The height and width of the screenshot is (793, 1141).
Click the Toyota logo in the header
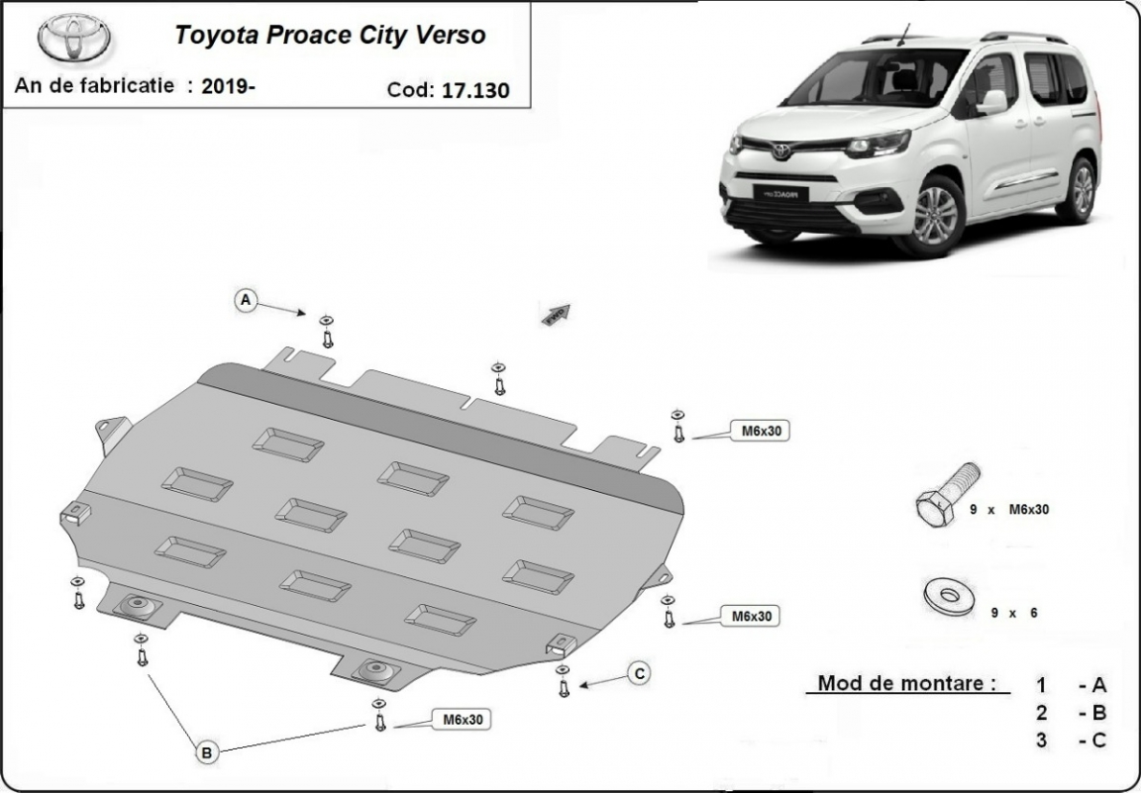click(73, 37)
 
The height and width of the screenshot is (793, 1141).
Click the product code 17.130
click(475, 90)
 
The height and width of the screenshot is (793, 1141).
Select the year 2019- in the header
click(229, 86)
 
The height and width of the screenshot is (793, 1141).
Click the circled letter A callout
click(246, 300)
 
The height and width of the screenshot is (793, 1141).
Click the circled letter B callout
click(207, 752)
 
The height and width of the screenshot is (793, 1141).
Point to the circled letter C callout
click(639, 673)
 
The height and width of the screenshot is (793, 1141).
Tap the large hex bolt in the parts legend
click(948, 495)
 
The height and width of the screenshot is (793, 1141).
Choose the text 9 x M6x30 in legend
click(1009, 510)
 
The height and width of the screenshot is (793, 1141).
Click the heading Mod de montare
click(906, 683)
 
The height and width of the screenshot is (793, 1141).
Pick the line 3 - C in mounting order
click(1071, 741)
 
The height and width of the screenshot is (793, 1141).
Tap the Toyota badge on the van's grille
click(780, 150)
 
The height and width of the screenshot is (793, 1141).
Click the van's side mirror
click(992, 103)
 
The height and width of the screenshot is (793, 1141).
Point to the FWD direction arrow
click(556, 314)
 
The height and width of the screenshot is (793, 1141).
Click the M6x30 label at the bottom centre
click(463, 720)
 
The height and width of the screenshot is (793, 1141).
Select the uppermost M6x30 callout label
click(761, 431)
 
